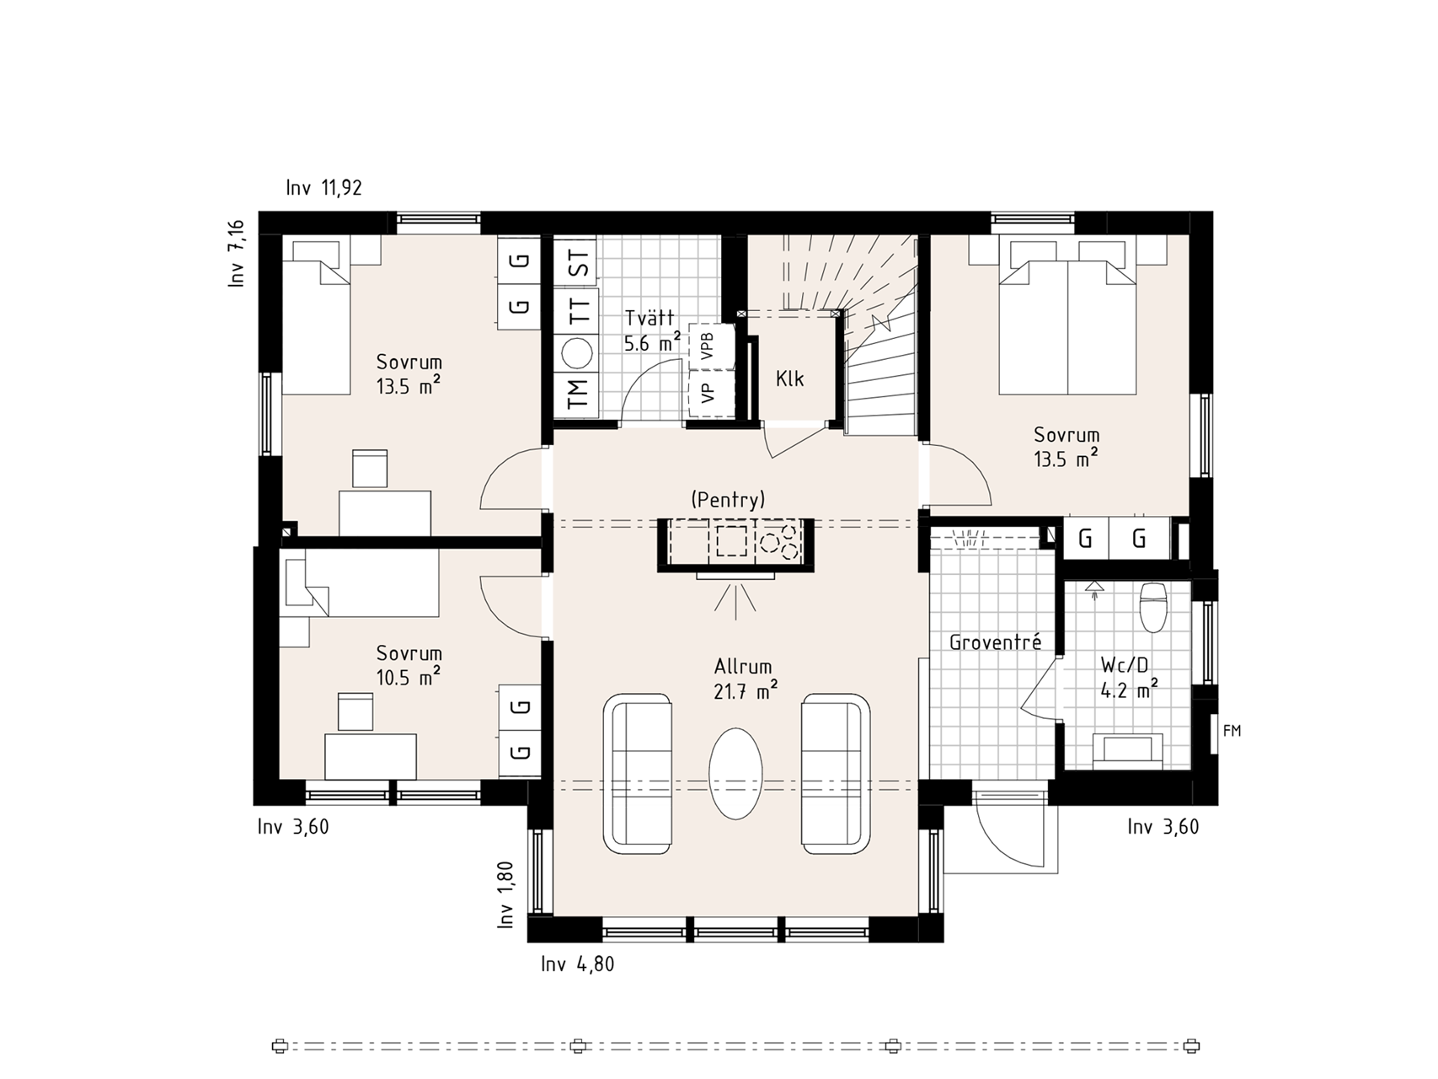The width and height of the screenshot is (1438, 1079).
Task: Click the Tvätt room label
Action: pos(650,319)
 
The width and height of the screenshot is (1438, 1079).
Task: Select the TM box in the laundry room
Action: pos(577,394)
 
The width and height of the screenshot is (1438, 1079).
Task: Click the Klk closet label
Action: pos(790,379)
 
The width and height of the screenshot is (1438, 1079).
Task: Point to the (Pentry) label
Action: pos(728,499)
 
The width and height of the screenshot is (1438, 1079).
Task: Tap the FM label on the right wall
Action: pos(1232,732)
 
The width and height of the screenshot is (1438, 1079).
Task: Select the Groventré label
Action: pos(995,642)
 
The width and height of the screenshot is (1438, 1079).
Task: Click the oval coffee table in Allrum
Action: pos(735,772)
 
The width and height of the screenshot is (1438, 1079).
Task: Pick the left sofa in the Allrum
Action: pos(638,774)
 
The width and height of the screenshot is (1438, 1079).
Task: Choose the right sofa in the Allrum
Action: pos(836,774)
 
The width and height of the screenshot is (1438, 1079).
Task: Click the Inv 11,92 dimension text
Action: pos(324,188)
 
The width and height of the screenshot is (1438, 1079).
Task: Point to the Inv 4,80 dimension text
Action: pos(578,964)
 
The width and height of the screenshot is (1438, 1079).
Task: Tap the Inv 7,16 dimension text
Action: pos(236,254)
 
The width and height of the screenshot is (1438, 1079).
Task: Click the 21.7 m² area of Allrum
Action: pos(746,691)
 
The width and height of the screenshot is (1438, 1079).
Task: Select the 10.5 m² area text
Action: pos(409,677)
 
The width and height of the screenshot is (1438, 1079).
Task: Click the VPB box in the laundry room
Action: pos(708,346)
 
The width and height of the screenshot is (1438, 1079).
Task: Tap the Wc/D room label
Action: pos(1125,666)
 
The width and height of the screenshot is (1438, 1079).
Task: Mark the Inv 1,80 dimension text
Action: pos(505,894)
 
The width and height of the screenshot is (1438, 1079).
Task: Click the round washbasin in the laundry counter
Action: pos(578,353)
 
